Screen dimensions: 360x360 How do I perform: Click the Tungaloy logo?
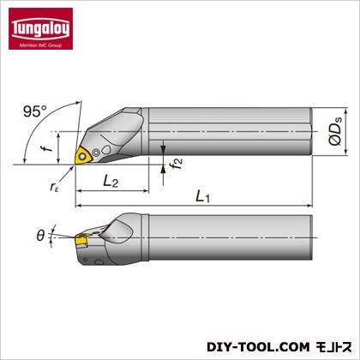(40, 28)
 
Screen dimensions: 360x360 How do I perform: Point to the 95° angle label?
(35, 111)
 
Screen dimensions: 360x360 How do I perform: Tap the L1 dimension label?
(202, 197)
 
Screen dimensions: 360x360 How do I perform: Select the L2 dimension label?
(111, 181)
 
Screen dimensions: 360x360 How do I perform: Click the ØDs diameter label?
(335, 131)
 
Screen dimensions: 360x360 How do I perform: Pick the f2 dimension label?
(176, 163)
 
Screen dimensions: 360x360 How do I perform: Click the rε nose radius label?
(54, 187)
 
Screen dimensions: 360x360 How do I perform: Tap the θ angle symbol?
(40, 236)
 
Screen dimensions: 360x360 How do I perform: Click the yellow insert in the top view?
(82, 156)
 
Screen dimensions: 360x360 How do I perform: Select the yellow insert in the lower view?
(81, 240)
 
